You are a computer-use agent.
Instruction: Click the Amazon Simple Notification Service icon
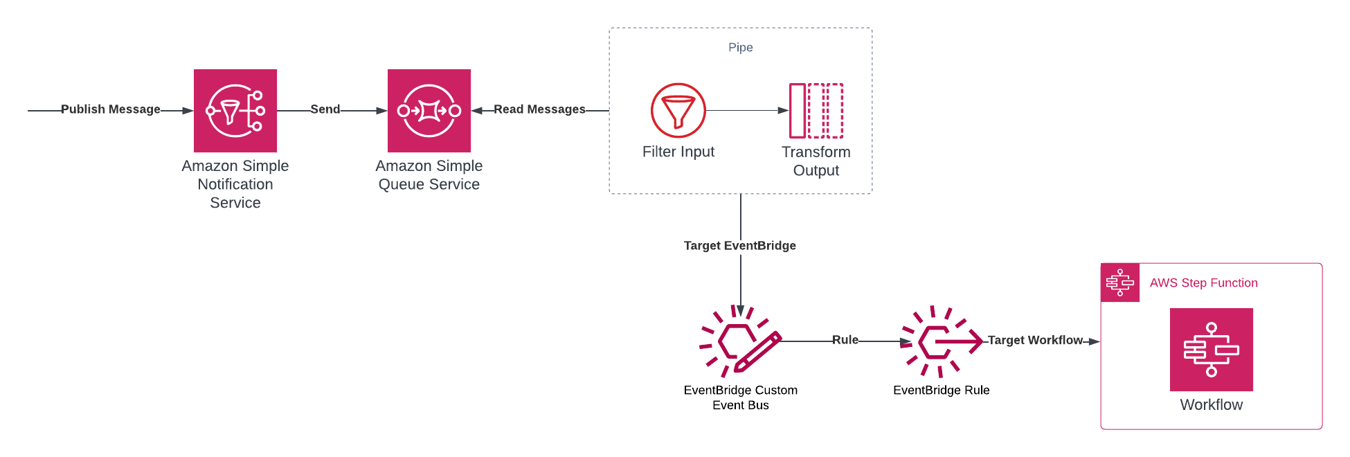point(235,111)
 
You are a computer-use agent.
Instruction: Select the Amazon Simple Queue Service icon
point(429,111)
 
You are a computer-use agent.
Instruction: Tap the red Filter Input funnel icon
point(678,111)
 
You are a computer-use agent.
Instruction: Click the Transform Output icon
point(816,111)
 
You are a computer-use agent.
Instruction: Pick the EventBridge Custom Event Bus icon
point(740,341)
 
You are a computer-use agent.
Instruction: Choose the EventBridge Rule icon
point(941,341)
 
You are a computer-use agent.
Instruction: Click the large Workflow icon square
point(1211,350)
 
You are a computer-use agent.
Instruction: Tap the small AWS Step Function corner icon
point(1120,283)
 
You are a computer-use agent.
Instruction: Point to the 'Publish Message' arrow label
point(111,109)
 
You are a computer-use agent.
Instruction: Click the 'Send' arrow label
point(325,109)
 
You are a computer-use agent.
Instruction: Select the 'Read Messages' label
point(539,109)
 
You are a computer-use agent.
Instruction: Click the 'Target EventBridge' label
point(740,246)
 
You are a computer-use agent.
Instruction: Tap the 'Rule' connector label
point(845,340)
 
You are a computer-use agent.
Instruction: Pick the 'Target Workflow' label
point(1035,340)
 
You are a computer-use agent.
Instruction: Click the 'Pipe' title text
point(741,47)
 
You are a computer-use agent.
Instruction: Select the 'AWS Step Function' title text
point(1204,283)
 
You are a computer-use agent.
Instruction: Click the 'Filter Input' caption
point(678,152)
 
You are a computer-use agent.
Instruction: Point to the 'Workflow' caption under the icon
point(1211,405)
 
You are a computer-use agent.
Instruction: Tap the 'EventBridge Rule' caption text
point(942,391)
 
